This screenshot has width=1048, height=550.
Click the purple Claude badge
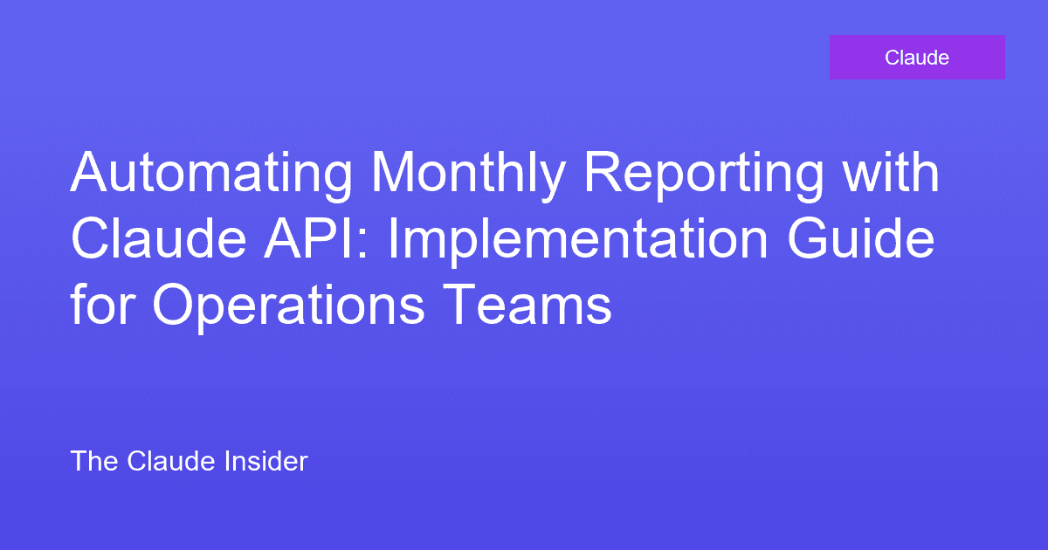[917, 58]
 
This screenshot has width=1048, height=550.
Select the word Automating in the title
[214, 175]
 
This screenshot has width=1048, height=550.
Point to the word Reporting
[704, 175]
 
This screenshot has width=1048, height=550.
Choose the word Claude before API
[148, 239]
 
